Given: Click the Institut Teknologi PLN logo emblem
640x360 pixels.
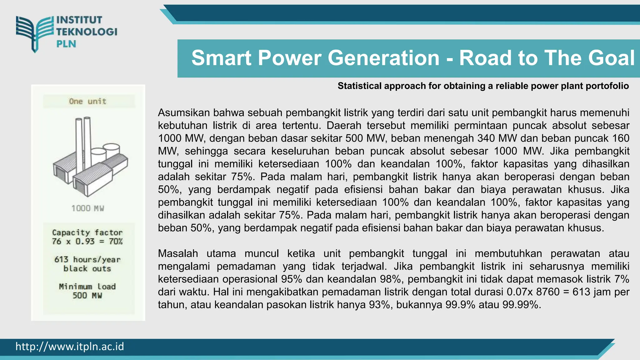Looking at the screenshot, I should click(x=35, y=33).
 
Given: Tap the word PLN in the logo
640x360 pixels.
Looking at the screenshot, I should click(x=66, y=44).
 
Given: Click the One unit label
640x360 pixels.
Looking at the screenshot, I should click(x=87, y=101).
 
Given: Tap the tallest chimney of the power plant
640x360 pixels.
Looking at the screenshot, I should click(x=87, y=141).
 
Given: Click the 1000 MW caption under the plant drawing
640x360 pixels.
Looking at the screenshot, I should click(x=87, y=208).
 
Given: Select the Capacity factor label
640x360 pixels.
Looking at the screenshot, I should click(x=87, y=232).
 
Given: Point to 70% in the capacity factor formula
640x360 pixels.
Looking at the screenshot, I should click(x=116, y=242).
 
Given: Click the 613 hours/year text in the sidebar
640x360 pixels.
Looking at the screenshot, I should click(x=87, y=260).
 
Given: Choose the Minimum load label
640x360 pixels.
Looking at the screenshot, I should click(x=87, y=287).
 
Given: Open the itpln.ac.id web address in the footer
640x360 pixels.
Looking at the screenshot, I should click(x=70, y=347).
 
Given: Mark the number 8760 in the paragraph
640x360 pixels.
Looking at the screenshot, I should click(x=547, y=292).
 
